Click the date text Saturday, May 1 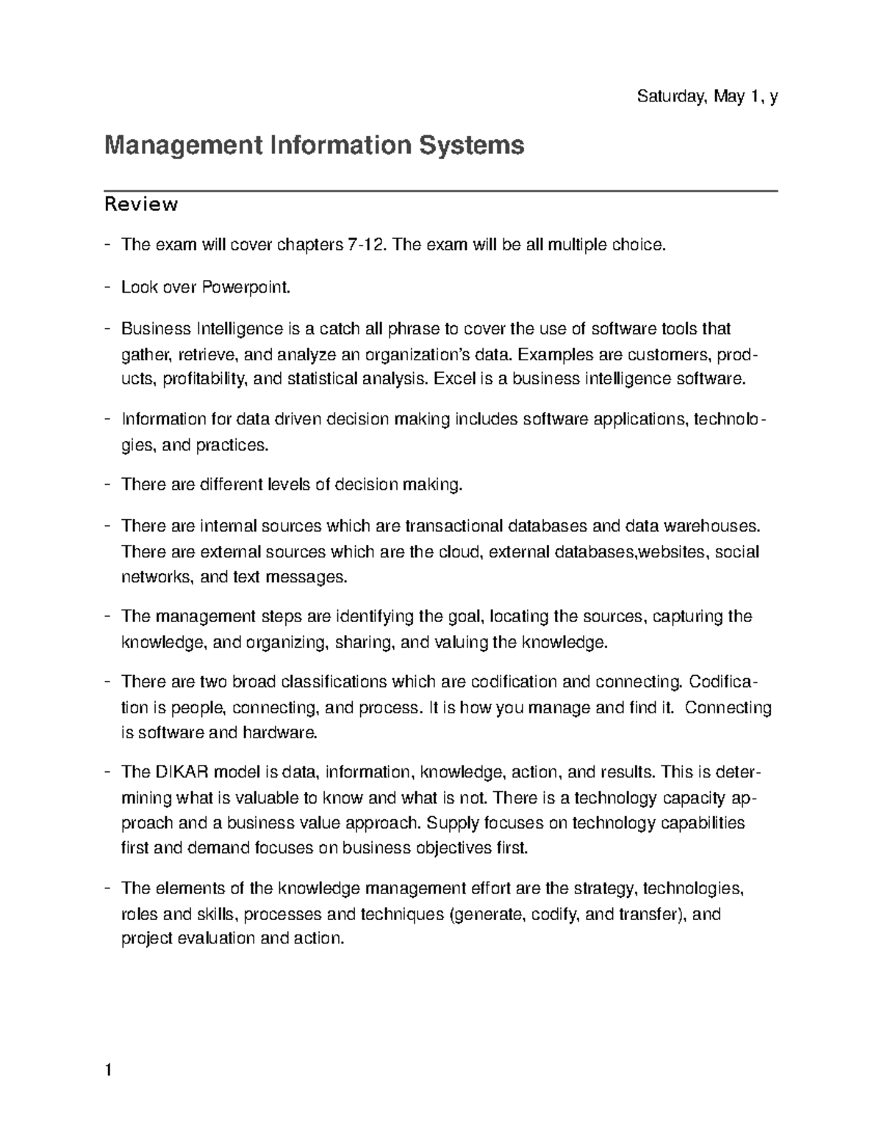[698, 96]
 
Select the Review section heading [141, 204]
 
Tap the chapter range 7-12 [366, 245]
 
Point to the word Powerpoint [245, 288]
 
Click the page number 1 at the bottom [108, 1071]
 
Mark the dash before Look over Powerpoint [108, 288]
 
